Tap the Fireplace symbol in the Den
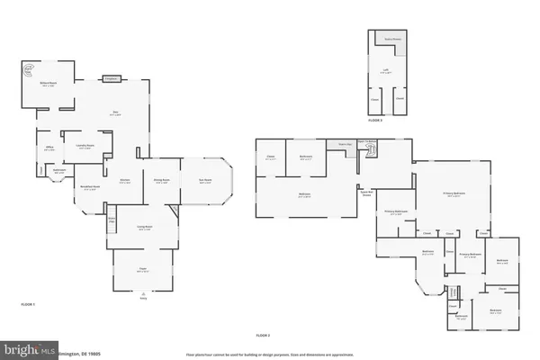point(112,79)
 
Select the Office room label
point(49,148)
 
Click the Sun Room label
point(205,181)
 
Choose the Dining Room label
point(163,181)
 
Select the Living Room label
point(144,228)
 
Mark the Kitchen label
point(126,181)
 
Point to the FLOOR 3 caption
point(374,119)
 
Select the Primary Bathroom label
point(396,212)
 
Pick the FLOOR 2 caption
point(263,335)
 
